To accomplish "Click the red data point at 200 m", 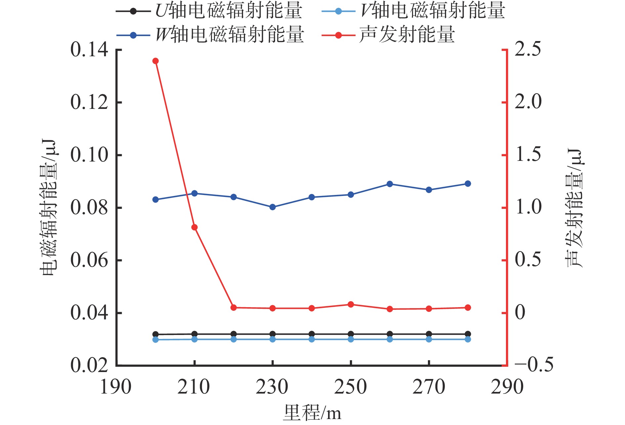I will pos(155,61).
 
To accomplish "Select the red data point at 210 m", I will pos(194,227).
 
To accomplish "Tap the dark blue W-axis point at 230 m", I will pos(272,207).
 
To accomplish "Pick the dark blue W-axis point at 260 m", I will pos(390,184).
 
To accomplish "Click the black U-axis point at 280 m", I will pos(468,334).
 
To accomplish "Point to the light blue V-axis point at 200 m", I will pos(155,340).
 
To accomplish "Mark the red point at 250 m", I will pos(351,305).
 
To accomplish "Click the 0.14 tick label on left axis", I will pos(89,50).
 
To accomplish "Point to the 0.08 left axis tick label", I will pos(89,208).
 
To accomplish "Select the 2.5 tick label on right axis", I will pos(528,49).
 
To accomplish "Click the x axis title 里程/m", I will pos(312,412).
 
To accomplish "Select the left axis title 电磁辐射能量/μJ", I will pos(49,208).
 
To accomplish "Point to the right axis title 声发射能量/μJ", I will pos(574,208).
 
